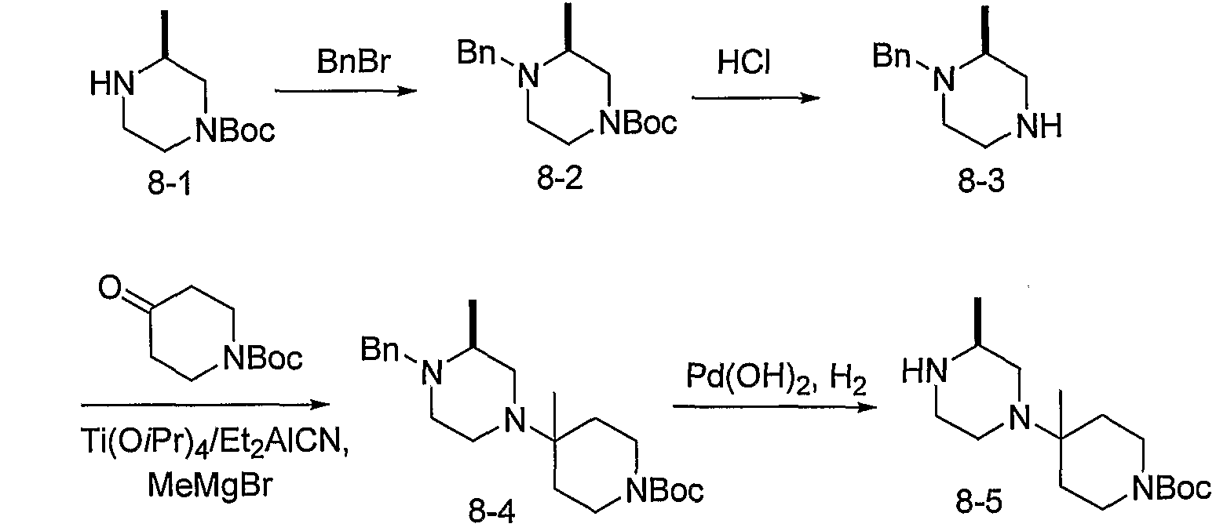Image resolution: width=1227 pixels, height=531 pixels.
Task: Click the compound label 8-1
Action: (x=170, y=184)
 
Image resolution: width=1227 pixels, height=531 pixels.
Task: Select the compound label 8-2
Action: (x=560, y=178)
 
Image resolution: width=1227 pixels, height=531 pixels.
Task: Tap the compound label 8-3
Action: (x=981, y=181)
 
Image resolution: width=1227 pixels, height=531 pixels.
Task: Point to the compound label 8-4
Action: (x=491, y=513)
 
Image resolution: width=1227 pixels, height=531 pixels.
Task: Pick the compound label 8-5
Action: (x=979, y=502)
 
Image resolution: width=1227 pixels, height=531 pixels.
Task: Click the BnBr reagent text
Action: (x=354, y=60)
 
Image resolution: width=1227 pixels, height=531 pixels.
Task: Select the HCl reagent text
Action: (x=744, y=63)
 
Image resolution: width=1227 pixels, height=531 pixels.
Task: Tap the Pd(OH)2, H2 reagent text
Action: (x=776, y=378)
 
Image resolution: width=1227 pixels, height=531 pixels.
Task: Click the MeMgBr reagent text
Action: (x=210, y=485)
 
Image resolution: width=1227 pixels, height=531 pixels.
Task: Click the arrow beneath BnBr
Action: (x=345, y=91)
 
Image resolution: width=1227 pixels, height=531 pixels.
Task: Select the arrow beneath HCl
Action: (x=756, y=98)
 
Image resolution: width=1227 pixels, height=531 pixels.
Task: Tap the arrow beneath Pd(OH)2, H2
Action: (x=775, y=407)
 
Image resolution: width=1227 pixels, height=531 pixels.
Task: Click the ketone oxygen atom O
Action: (x=110, y=287)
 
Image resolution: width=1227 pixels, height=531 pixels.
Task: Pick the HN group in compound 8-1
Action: (x=112, y=85)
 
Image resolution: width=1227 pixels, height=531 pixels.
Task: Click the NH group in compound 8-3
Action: (x=1039, y=127)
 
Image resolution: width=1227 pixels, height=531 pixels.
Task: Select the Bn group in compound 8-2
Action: (x=477, y=53)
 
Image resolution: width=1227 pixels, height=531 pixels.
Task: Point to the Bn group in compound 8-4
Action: (x=380, y=349)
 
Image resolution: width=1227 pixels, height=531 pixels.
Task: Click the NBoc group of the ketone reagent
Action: (x=262, y=358)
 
